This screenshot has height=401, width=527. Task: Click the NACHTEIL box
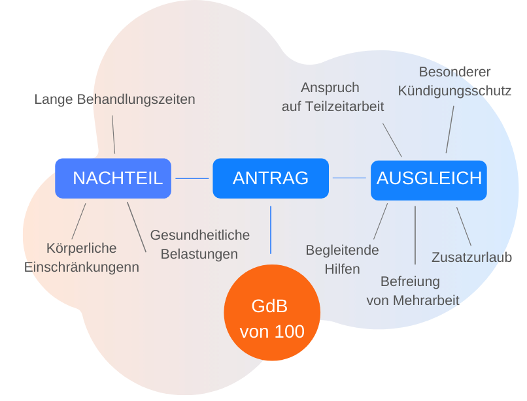[113, 178]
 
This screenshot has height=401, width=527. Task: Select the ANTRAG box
[271, 178]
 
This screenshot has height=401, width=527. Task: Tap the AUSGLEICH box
[428, 180]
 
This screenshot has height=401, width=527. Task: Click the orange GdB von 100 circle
[272, 312]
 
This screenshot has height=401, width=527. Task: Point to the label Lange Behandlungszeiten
[114, 99]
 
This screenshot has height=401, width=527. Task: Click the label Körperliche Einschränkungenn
[81, 257]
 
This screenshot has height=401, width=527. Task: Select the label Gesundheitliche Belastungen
[199, 244]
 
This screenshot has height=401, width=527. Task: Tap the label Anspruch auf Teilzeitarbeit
[332, 97]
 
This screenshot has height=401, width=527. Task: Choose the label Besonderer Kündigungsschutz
[454, 81]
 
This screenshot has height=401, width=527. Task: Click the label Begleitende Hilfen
[342, 260]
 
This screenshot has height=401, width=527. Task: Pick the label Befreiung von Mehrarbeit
[413, 291]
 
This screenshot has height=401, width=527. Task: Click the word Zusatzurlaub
[471, 257]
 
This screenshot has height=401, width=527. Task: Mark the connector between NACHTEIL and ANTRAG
[192, 178]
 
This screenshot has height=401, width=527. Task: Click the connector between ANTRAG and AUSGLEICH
[349, 178]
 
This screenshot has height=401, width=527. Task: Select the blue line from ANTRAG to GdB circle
[271, 230]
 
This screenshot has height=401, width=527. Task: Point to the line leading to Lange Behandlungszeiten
[114, 135]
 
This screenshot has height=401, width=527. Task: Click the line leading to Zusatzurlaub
[464, 227]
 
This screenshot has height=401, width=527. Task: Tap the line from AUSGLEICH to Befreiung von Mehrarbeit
[415, 235]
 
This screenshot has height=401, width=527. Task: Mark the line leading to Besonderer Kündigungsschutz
[450, 129]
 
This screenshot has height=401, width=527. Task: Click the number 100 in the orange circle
[290, 332]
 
